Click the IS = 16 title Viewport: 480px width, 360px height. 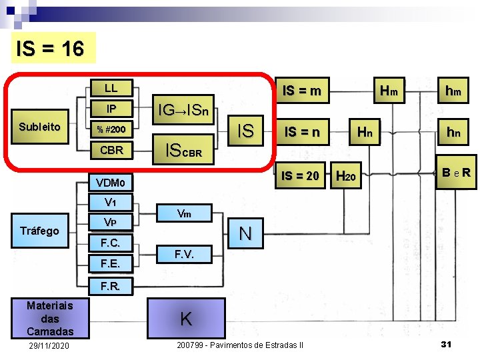point(51,48)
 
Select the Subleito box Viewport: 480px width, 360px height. point(40,127)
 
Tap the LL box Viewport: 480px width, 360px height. point(111,88)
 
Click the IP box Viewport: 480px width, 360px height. point(111,108)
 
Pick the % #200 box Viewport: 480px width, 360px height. point(111,129)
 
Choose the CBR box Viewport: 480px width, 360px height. point(111,149)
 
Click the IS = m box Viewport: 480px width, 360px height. point(302,90)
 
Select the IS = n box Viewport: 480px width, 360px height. point(302,133)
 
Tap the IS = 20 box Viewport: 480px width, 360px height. point(301,176)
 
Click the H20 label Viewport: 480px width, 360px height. point(347,177)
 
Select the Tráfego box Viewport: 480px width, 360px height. point(39,231)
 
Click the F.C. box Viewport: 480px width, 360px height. point(111,241)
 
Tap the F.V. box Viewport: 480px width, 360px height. point(185,254)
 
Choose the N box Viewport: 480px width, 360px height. point(245,233)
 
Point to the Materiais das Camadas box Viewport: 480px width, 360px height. point(49,318)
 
